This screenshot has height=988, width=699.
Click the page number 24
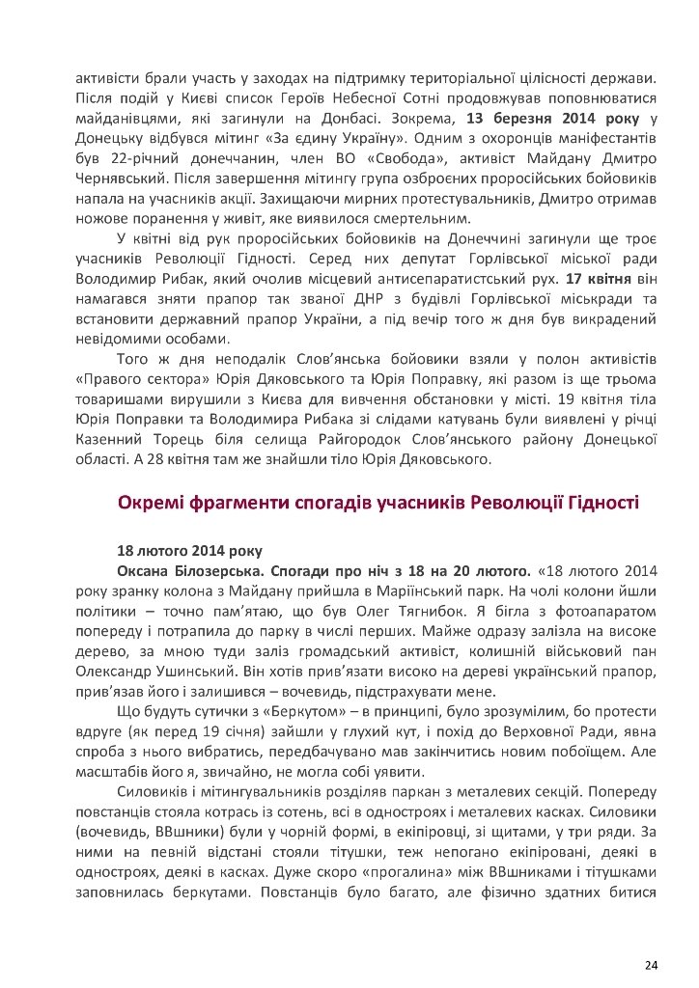[x=651, y=938]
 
